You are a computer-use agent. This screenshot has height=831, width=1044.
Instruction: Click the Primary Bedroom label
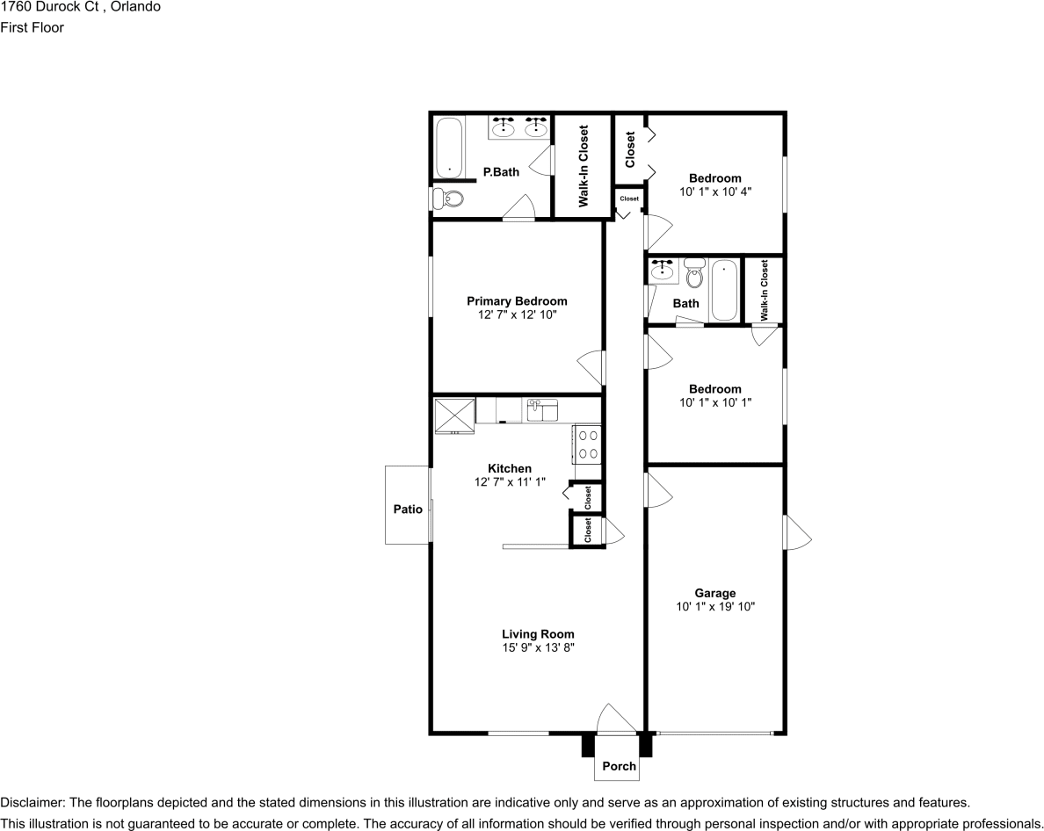[x=517, y=301]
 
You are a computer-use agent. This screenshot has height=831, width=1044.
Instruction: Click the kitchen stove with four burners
[x=588, y=444]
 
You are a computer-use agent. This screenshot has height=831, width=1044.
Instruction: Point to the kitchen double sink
[x=542, y=409]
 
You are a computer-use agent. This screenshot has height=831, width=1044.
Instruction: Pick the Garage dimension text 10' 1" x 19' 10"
[x=715, y=606]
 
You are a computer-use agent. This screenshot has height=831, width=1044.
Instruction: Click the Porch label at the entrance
[x=619, y=766]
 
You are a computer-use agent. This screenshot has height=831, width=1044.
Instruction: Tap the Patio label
[x=408, y=509]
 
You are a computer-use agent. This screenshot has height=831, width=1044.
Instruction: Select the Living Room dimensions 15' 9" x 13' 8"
[x=539, y=647]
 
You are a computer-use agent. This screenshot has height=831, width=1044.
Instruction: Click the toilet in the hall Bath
[x=695, y=276]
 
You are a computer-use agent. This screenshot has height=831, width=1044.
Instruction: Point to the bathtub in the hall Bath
[x=724, y=290]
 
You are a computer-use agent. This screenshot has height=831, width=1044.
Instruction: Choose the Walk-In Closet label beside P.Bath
[x=583, y=166]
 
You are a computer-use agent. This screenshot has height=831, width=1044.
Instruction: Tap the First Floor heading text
[x=32, y=27]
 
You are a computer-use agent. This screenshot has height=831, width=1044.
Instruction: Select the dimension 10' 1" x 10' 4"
[x=715, y=191]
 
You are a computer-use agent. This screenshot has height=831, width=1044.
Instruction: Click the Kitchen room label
[x=510, y=468]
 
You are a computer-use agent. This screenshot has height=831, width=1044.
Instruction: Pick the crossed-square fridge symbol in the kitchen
[x=454, y=415]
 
